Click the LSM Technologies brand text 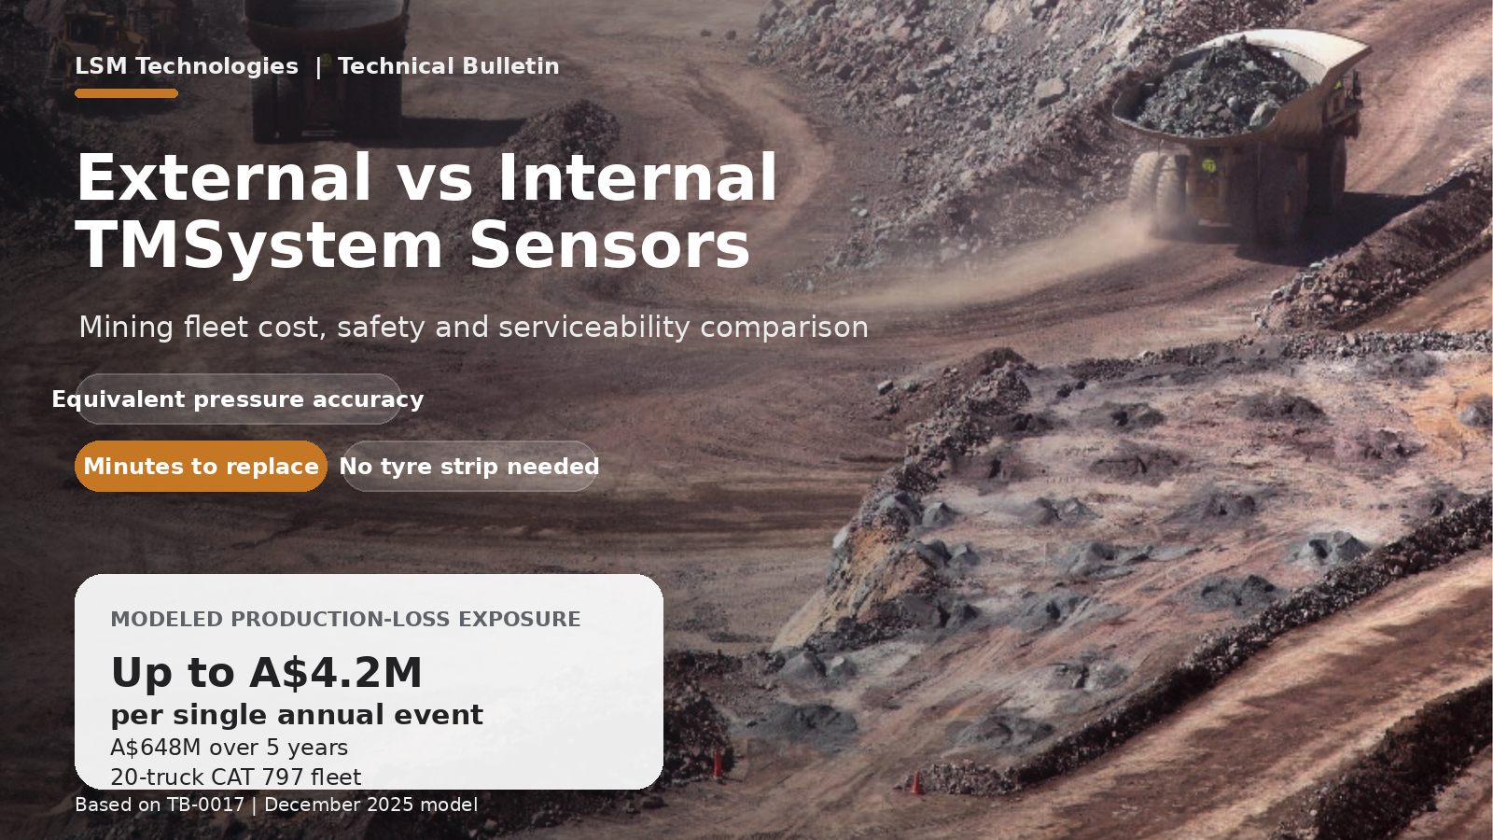click(187, 66)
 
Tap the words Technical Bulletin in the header click(448, 66)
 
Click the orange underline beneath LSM click(126, 93)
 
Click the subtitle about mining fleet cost click(473, 327)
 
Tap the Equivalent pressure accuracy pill click(238, 399)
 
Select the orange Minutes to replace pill click(201, 467)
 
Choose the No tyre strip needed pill click(468, 467)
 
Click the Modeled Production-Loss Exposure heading click(345, 620)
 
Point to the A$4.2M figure click(336, 673)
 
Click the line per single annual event click(297, 715)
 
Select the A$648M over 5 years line click(229, 748)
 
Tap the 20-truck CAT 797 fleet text click(235, 777)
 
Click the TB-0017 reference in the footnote click(205, 805)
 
